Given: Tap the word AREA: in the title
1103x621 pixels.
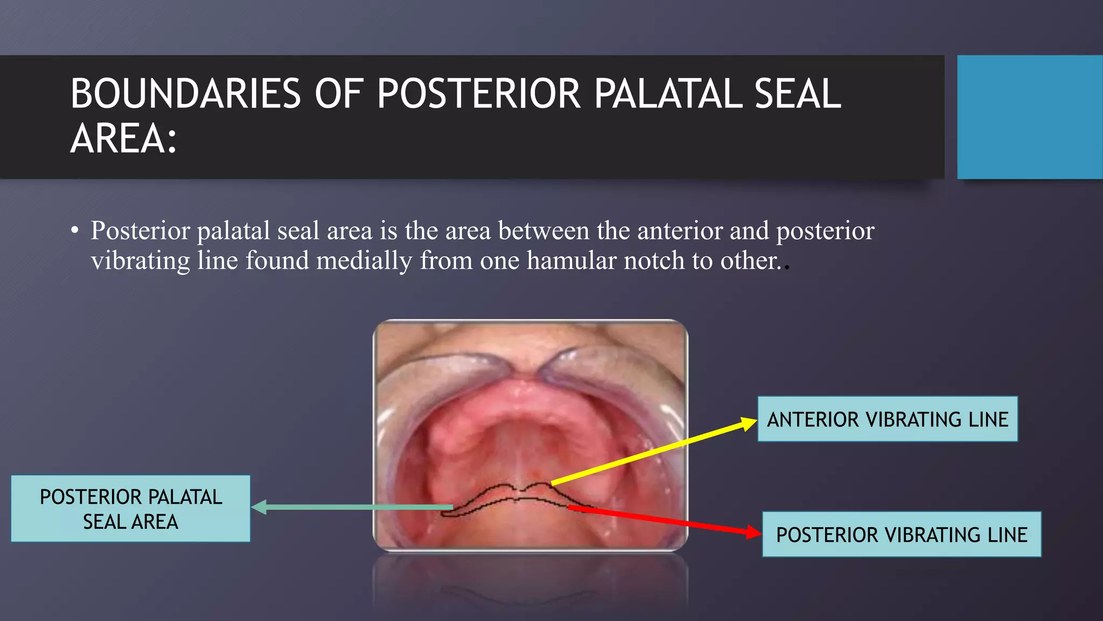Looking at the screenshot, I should coord(123,139).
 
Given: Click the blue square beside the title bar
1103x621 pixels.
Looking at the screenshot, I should coord(1029,117).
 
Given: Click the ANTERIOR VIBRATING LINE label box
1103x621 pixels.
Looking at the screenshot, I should coord(887,419).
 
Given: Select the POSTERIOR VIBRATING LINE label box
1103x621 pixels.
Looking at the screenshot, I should coord(901,535).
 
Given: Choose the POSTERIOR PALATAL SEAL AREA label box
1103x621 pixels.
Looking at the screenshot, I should coord(130,509).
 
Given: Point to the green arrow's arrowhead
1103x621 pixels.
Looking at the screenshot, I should coord(256,507).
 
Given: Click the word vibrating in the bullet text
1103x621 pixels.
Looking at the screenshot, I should coord(140,261).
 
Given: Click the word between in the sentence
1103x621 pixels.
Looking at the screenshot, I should coord(543,231).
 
